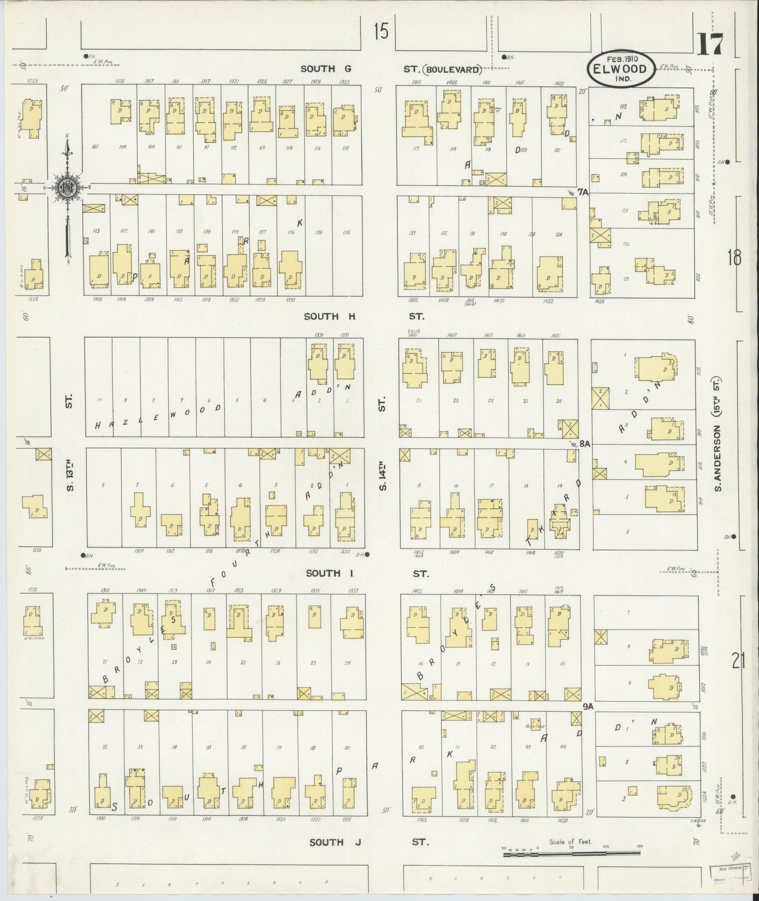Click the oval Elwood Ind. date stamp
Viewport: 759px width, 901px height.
[621, 68]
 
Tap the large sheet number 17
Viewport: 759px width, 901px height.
[710, 44]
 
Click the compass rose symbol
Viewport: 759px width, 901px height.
[67, 187]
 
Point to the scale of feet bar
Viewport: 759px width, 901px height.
[573, 855]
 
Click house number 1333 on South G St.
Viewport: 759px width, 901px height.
[345, 81]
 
